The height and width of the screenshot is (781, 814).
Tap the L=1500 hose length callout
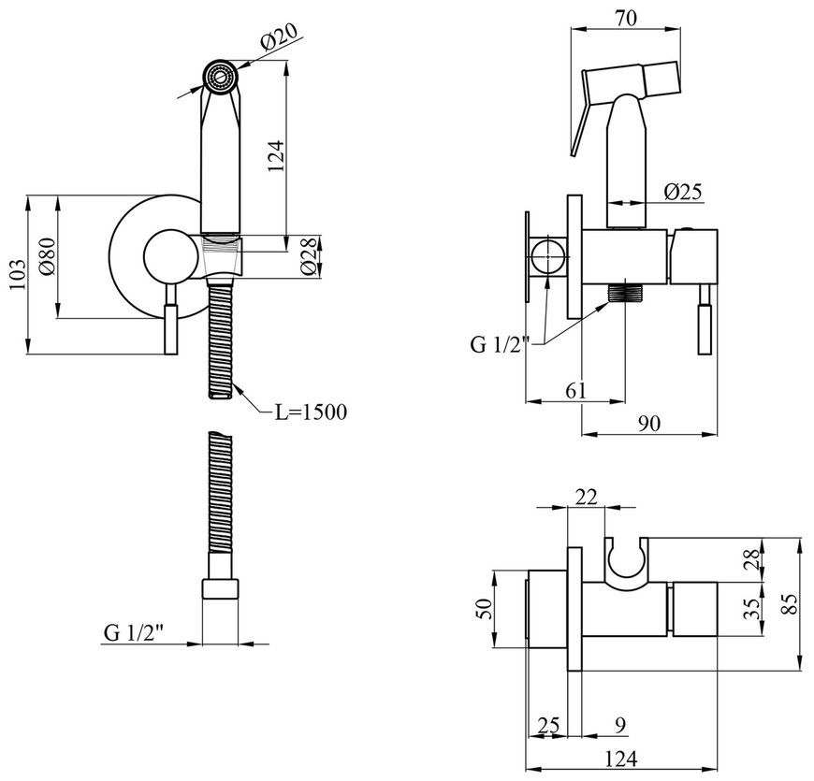coord(311,412)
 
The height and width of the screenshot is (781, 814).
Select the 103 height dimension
coord(17,274)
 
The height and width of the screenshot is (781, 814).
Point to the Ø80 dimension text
coord(46,256)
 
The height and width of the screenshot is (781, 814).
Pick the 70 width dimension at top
coord(626,18)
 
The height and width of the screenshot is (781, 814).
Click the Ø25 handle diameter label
coord(683,192)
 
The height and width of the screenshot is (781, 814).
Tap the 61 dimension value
coord(575,391)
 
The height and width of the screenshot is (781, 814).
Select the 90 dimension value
coord(649,424)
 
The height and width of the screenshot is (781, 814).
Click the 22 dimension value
coord(587,498)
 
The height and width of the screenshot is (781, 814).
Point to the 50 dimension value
coord(484,609)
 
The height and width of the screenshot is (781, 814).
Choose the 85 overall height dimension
coord(790,604)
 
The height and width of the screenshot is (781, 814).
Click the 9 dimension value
coord(621,726)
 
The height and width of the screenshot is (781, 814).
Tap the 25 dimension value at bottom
coord(548,726)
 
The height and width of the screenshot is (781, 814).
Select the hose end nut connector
coord(220,589)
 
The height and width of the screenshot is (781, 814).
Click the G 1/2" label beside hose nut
coord(134,633)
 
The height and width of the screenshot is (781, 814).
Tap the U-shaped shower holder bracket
coord(627,563)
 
